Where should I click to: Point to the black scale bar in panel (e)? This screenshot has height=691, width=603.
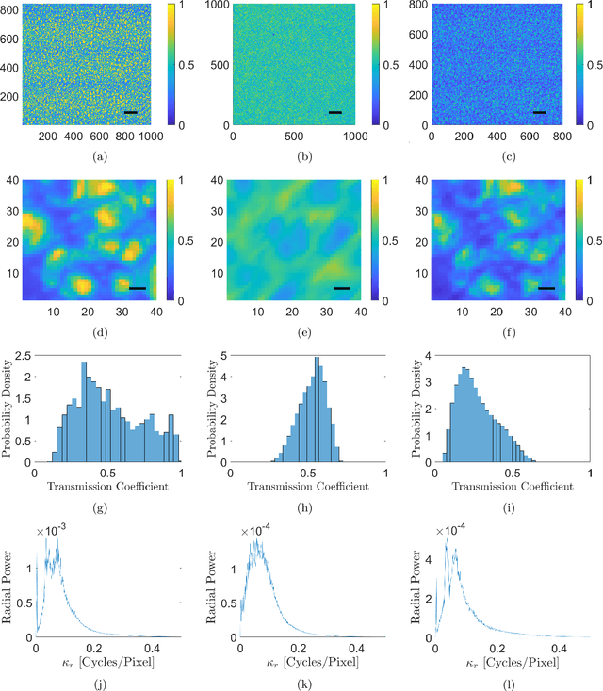pyautogui.click(x=341, y=288)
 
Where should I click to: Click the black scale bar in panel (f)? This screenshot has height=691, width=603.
pyautogui.click(x=546, y=288)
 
